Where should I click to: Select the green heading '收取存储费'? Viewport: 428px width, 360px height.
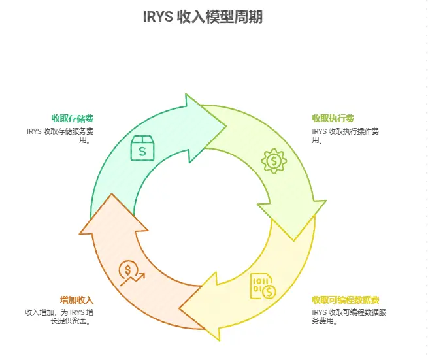(x=73, y=118)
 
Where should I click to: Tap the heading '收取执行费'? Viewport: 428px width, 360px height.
(x=333, y=118)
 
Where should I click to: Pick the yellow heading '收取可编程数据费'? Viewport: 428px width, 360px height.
(x=346, y=300)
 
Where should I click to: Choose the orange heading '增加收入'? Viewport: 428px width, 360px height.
(x=74, y=300)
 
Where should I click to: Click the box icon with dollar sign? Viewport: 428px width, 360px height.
(x=142, y=149)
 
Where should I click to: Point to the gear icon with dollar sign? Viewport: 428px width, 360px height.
(x=273, y=160)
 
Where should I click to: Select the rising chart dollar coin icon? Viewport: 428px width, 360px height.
(x=131, y=272)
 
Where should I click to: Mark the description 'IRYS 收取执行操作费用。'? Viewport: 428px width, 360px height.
(x=343, y=135)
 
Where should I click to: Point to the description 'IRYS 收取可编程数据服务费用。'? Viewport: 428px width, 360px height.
(x=350, y=317)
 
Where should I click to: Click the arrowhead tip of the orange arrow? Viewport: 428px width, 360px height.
(x=109, y=197)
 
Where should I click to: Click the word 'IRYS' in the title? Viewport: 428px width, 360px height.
(x=157, y=17)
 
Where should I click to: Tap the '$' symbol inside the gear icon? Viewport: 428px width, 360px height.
(x=273, y=160)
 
